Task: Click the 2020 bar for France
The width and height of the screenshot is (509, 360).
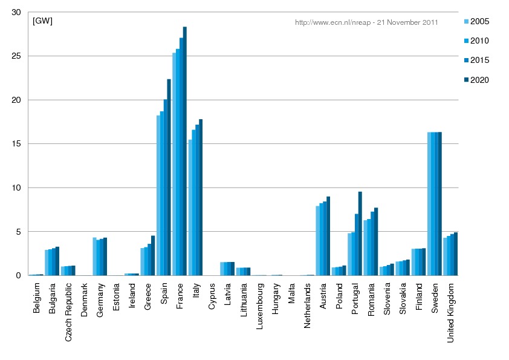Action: [x=185, y=151]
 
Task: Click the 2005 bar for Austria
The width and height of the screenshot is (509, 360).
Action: [x=318, y=241]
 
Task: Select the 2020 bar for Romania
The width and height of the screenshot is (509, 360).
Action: [x=376, y=241]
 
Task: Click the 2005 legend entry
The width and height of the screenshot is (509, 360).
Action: [x=475, y=22]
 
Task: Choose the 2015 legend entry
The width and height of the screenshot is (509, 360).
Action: [x=475, y=61]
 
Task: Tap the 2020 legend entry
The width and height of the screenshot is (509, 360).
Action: [x=475, y=80]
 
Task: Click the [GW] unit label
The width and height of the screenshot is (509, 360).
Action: [x=43, y=22]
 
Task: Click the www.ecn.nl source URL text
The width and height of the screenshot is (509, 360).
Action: [x=366, y=22]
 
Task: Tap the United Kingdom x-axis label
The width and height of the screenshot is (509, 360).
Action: [x=451, y=313]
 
